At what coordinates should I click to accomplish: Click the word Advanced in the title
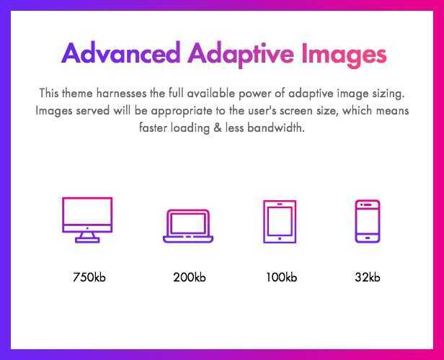tap(121, 53)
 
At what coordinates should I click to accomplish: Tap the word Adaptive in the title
tap(241, 54)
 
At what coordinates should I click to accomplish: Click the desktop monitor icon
tap(87, 220)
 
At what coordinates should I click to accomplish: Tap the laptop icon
tap(188, 226)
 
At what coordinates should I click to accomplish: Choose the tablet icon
tap(280, 222)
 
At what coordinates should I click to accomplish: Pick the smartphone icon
tap(368, 221)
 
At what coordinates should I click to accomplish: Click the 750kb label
tap(89, 277)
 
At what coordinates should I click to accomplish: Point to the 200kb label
tap(190, 277)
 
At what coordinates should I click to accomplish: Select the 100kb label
tap(281, 277)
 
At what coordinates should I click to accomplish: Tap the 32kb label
tap(368, 277)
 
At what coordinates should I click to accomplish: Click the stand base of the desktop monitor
tap(87, 240)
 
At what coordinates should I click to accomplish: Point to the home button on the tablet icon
tap(280, 239)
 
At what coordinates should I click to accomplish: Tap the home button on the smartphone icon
tap(368, 238)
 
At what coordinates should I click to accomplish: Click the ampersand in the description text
tap(218, 127)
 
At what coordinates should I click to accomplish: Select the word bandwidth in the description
tap(276, 128)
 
